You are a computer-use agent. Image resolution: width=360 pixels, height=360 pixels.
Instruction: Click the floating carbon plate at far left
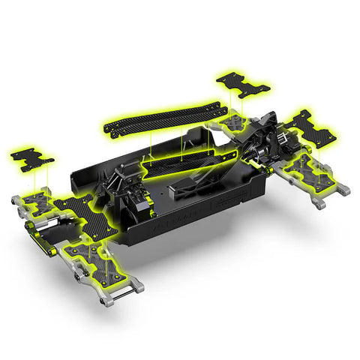tap(31, 159)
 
